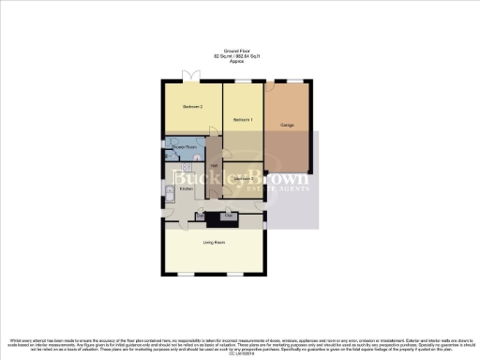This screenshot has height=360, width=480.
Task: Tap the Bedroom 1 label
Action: [x=243, y=119]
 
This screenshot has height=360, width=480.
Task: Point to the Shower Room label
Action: [x=185, y=147]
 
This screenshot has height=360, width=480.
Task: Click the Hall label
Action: [x=214, y=166]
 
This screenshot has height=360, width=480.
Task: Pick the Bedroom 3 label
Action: [x=243, y=178]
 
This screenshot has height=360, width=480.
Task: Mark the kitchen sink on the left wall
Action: [x=169, y=195]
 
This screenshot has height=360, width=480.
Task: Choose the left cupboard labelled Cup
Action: [x=200, y=217]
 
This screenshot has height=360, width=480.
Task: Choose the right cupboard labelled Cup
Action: [x=228, y=217]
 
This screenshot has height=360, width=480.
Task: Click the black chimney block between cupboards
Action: [x=214, y=218]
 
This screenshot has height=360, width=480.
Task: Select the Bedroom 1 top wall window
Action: [x=243, y=82]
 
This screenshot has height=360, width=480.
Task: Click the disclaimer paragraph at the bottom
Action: [x=240, y=343]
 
